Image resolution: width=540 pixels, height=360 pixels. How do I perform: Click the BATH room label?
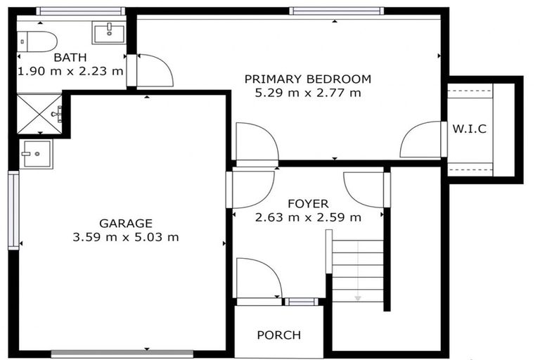coord(70,58)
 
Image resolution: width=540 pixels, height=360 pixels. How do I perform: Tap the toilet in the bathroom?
coord(38,41)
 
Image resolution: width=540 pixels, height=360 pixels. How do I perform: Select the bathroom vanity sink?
coord(108,32)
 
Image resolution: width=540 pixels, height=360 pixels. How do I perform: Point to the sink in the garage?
coord(35,153)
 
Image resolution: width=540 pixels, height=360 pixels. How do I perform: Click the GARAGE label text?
coord(125,223)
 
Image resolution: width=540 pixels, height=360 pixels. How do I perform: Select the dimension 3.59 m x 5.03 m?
coord(125,237)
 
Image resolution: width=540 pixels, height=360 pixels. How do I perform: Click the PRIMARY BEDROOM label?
coord(307,79)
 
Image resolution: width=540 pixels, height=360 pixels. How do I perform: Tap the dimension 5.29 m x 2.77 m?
coord(307,93)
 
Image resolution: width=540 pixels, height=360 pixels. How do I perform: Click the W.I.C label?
coord(470,129)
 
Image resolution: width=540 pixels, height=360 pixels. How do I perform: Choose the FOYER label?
coord(307,204)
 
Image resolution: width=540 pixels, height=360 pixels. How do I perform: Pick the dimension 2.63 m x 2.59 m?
coord(307,217)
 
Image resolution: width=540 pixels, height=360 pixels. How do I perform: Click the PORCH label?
coord(278,335)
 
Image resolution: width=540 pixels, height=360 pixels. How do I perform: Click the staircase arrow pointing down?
coord(358,298)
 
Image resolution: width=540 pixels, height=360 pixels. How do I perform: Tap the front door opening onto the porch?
coord(259,281)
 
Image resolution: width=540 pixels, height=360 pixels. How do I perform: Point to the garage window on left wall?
coord(13,210)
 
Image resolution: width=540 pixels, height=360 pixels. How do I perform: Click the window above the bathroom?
coord(80,11)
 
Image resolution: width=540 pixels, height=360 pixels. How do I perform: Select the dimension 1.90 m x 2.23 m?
coord(70,71)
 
